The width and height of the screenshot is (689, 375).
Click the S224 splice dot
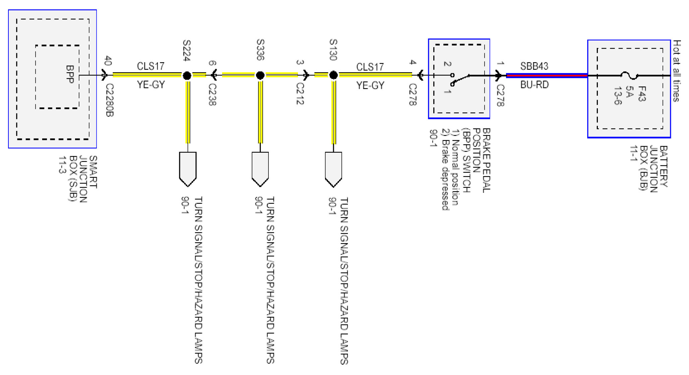click(x=187, y=76)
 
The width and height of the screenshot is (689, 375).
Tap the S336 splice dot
click(x=260, y=76)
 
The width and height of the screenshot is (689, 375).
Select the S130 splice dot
click(x=333, y=75)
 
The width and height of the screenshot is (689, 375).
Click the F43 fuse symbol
click(x=629, y=76)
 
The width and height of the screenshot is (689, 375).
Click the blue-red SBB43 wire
click(x=546, y=76)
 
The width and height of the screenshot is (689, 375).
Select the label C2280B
click(x=110, y=100)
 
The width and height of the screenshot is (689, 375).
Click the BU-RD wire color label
click(x=534, y=85)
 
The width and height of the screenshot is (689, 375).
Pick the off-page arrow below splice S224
click(x=188, y=169)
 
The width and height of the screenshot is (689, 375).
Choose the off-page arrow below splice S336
click(x=260, y=169)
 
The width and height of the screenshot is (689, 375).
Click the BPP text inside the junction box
click(x=70, y=74)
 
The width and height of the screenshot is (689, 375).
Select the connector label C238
click(x=212, y=94)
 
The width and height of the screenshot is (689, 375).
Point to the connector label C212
click(x=300, y=94)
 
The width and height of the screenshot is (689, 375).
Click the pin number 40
click(x=108, y=61)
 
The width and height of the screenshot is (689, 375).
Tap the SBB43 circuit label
click(x=534, y=66)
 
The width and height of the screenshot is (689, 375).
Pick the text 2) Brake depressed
click(x=445, y=169)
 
